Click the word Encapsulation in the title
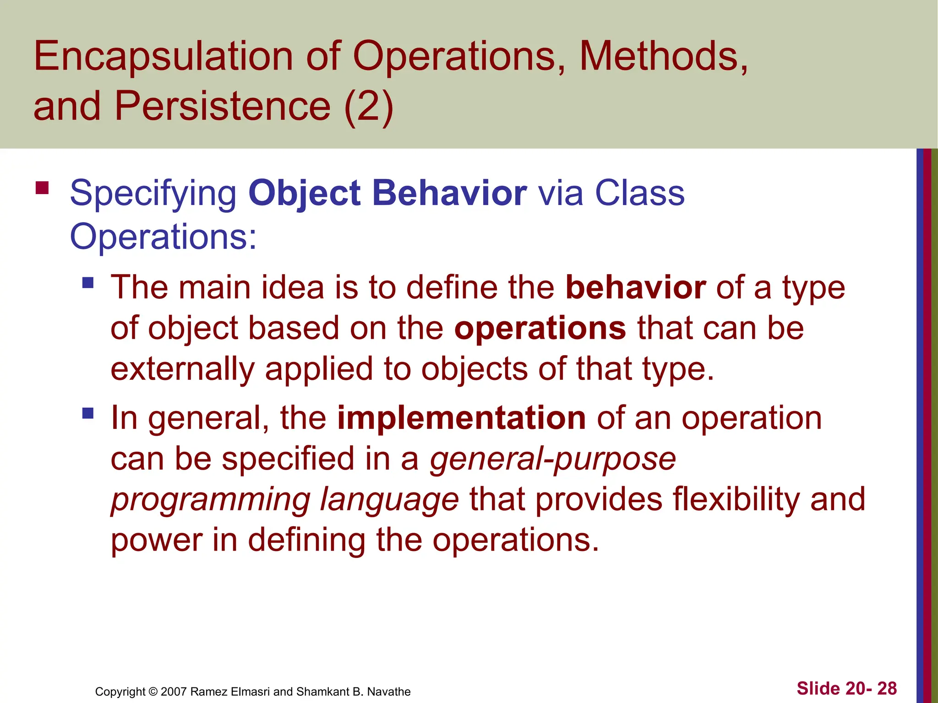[x=163, y=57]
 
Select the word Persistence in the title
[x=222, y=106]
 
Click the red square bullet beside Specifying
[x=42, y=188]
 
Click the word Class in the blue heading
[x=639, y=193]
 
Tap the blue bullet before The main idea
[x=88, y=282]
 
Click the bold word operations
[x=540, y=328]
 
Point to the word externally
[x=182, y=369]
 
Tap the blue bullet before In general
[x=88, y=413]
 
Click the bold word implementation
[x=461, y=418]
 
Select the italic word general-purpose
[x=552, y=459]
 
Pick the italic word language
[x=389, y=499]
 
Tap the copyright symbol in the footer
[x=153, y=692]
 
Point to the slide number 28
[x=887, y=688]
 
